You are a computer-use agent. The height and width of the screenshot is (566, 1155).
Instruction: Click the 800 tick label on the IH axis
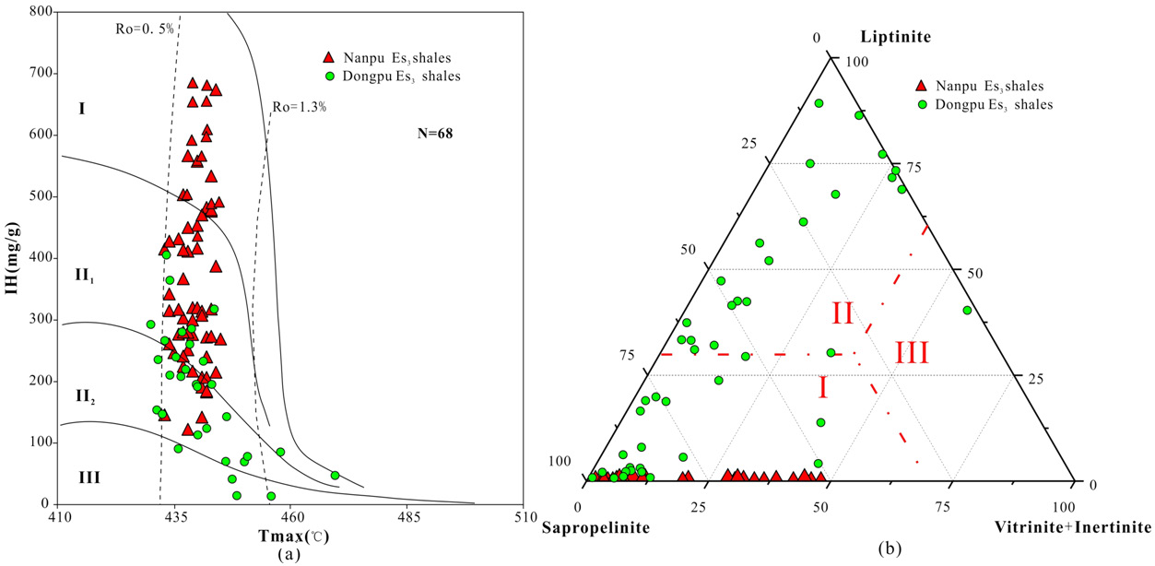40,12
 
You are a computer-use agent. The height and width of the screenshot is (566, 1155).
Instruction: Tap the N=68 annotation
435,134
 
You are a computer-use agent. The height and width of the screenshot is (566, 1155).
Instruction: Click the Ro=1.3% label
299,107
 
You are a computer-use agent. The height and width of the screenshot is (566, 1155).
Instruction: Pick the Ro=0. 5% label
144,28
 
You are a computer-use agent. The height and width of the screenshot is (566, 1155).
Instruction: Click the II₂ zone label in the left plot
86,396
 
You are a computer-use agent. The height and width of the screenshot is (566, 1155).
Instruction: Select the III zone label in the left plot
88,478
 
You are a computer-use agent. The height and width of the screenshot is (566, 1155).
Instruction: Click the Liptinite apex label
895,37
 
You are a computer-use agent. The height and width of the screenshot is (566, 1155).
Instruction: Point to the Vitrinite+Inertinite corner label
1073,528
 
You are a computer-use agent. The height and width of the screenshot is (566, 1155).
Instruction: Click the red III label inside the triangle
911,352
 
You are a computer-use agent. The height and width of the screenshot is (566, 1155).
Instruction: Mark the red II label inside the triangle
843,313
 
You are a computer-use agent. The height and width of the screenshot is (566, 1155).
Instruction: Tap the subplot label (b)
890,550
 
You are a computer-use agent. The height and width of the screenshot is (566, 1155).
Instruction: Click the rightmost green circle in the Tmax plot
335,476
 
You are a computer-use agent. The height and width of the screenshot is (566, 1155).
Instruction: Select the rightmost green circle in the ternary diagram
967,311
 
